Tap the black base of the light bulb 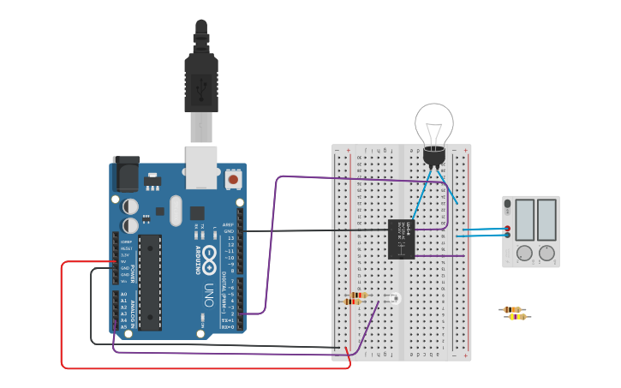coord(434,155)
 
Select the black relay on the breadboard coord(401,238)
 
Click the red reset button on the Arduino coord(233,181)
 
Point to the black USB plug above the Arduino coord(200,81)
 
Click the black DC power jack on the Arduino coord(127,175)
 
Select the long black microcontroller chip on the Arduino coord(150,282)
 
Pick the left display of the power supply coord(524,220)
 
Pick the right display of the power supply coord(546,220)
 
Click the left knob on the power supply coord(524,254)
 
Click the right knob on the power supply coord(546,254)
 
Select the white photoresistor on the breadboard coord(394,298)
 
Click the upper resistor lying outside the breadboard coord(511,309)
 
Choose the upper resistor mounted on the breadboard coord(359,295)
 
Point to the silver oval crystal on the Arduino coord(176,210)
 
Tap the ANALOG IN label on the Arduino coord(132,309)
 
